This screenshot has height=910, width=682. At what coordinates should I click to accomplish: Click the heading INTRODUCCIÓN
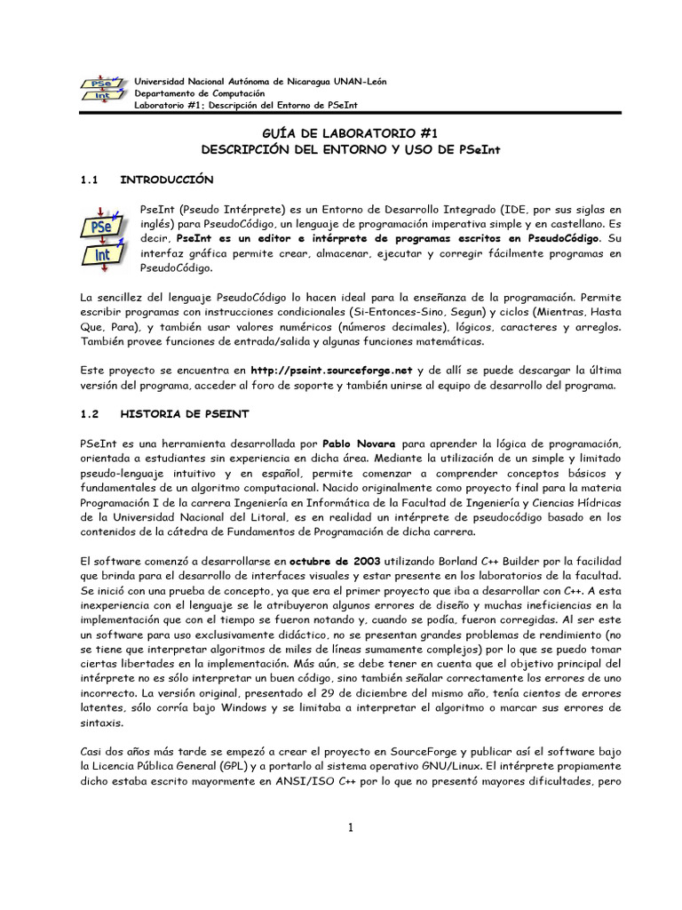pyautogui.click(x=168, y=180)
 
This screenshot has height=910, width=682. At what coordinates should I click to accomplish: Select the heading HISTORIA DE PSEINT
pyautogui.click(x=185, y=415)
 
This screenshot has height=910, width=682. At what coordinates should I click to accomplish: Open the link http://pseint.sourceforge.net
pyautogui.click(x=332, y=371)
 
